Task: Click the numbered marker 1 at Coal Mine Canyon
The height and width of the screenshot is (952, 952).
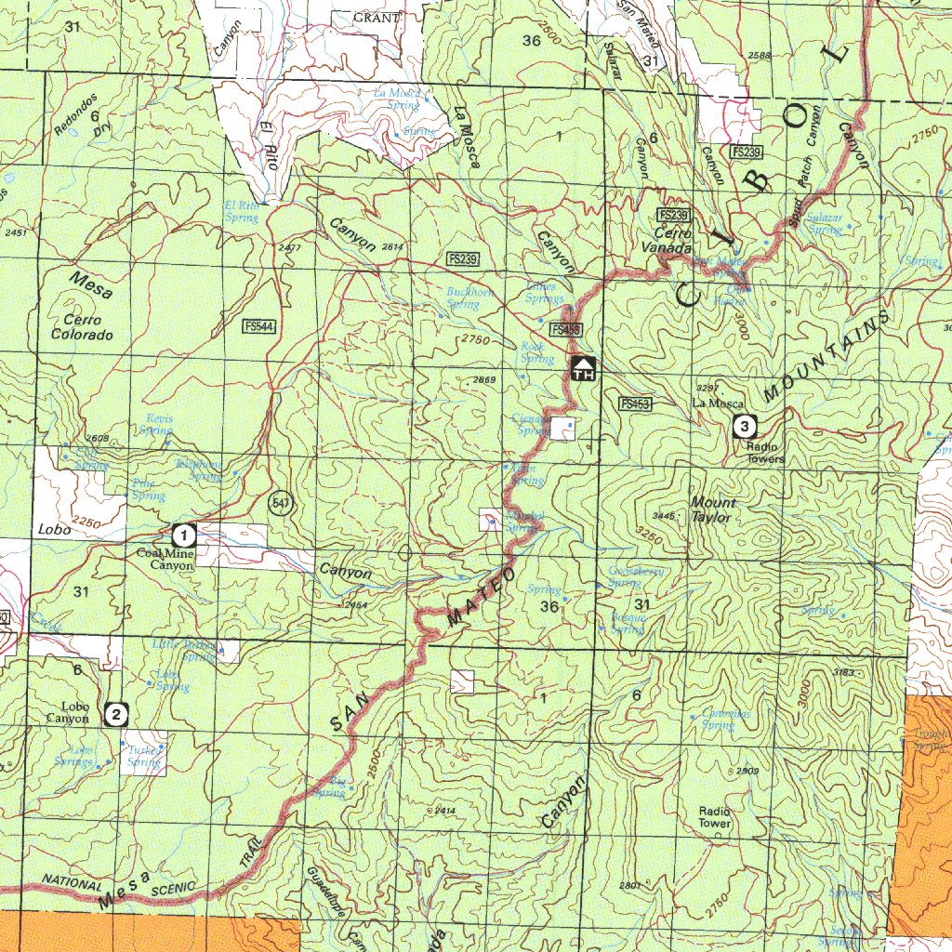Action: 184,535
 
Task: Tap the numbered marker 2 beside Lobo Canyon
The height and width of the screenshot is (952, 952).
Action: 116,714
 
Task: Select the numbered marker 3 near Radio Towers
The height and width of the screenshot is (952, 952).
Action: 745,427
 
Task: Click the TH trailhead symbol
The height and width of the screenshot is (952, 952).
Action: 583,368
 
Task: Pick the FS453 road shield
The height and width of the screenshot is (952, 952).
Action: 635,403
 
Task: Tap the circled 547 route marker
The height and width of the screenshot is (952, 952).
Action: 280,503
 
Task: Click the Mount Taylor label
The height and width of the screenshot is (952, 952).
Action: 713,509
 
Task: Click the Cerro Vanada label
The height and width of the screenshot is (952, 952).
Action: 667,241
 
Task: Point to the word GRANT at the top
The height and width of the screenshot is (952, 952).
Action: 377,18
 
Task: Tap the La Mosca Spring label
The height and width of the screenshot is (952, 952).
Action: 398,99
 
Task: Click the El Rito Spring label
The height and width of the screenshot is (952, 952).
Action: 242,211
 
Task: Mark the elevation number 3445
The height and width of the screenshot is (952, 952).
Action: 663,515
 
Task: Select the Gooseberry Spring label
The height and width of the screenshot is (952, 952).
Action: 635,577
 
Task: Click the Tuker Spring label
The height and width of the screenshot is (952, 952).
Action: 144,756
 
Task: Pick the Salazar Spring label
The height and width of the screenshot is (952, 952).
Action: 824,223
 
